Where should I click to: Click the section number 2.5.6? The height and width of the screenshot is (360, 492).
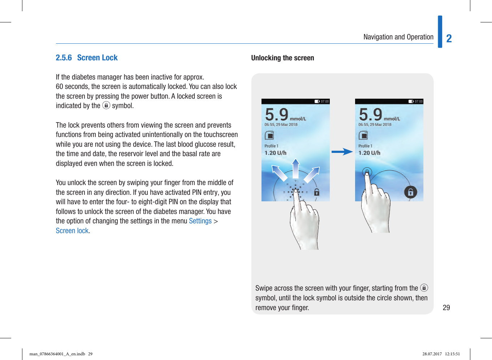64,58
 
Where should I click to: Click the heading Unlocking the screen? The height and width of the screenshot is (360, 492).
282,58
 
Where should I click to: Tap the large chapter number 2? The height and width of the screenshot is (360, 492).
449,39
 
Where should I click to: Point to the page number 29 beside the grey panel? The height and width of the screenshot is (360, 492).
446,308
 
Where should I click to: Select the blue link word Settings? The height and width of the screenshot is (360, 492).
200,221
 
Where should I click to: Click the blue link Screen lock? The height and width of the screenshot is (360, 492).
72,231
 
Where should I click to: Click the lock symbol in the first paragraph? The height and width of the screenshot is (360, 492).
106,105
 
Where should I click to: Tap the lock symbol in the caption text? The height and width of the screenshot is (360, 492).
424,288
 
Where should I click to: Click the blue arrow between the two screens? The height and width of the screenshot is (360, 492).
342,152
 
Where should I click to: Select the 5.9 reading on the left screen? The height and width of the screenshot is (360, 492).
277,114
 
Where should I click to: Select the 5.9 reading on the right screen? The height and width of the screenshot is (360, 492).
371,114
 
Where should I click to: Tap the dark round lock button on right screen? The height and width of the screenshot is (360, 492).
410,192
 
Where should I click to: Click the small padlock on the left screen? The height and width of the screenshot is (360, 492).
316,192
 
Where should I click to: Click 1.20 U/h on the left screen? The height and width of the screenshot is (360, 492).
275,153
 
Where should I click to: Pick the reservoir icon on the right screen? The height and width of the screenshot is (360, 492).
363,135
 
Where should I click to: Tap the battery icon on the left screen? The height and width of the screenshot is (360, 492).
317,102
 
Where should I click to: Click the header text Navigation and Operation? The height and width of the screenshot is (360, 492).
398,37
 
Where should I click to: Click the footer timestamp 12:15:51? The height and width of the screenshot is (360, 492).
452,354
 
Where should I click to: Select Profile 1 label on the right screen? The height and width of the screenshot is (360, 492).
365,146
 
